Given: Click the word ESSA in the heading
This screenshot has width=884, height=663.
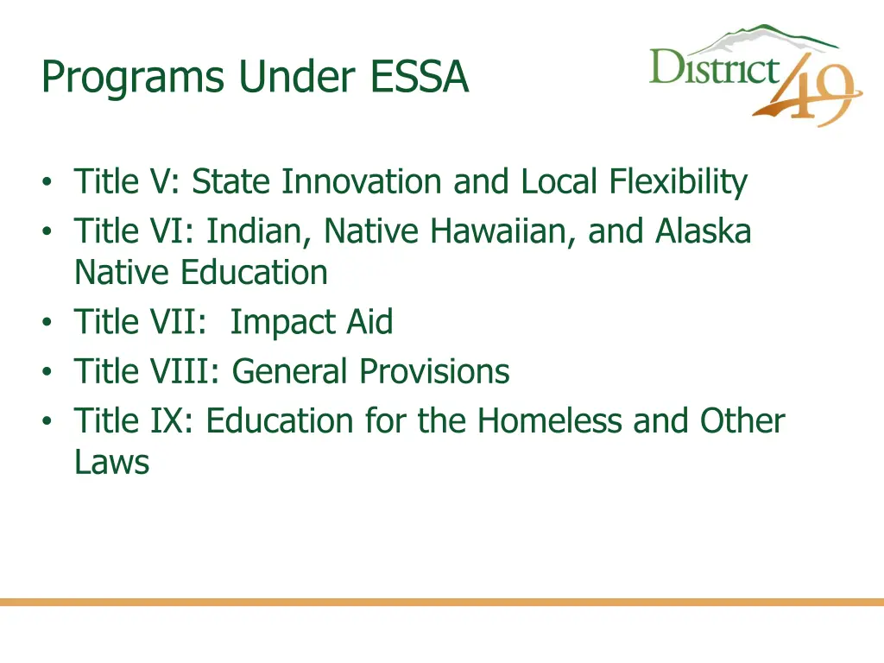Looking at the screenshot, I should click(x=420, y=78).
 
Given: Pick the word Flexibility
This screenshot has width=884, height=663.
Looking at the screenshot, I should click(x=678, y=182).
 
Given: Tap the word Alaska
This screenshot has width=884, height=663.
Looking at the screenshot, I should click(x=703, y=231).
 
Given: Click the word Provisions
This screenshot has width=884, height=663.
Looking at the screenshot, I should click(x=434, y=372).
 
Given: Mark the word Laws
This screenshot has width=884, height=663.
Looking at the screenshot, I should click(x=111, y=463).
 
